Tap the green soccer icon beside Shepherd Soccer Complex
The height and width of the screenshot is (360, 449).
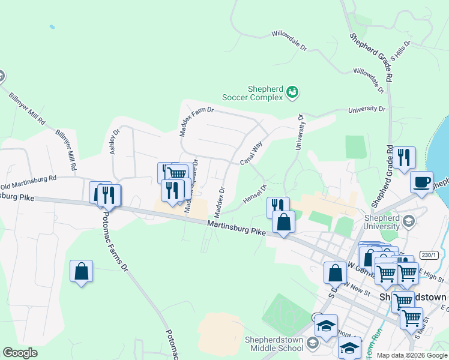pos(292,92)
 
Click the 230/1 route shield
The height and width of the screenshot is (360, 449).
pos(429,255)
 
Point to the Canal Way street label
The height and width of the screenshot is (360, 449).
pos(252,153)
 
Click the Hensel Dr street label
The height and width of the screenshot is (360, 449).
pos(255,194)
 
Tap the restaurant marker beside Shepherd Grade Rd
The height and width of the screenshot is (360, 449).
pos(404,157)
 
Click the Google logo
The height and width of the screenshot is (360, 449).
pos(20,353)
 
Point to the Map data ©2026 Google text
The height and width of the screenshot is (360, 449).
pos(412,355)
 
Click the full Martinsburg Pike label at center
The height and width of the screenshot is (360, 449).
pos(237,227)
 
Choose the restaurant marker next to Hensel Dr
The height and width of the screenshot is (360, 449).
pos(278,207)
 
